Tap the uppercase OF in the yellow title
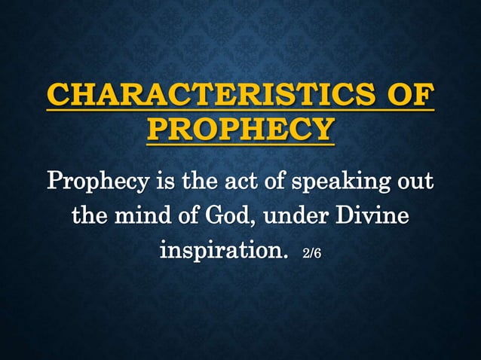point(409,97)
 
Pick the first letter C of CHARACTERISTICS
point(57,97)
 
